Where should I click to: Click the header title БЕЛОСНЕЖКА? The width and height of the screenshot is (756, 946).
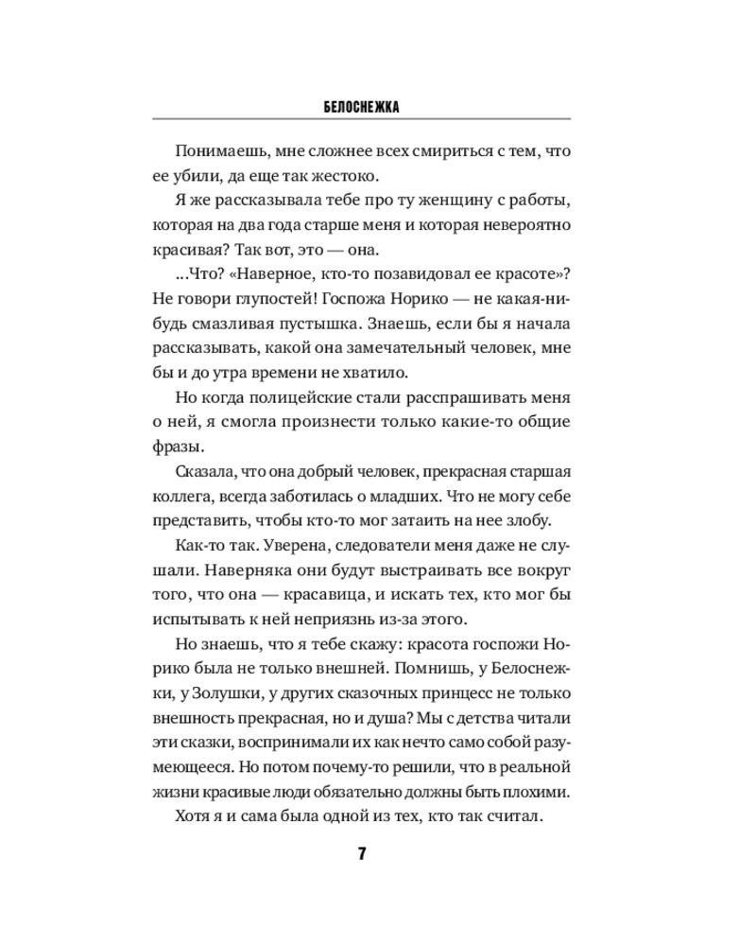pos(361,108)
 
